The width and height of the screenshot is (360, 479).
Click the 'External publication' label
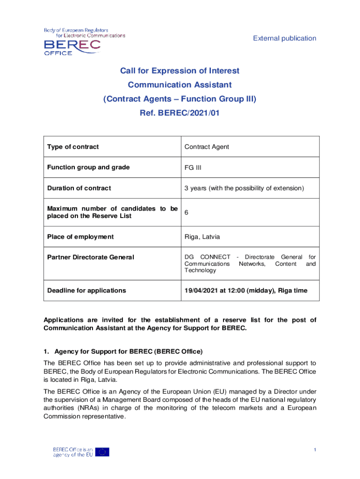pyautogui.click(x=285, y=38)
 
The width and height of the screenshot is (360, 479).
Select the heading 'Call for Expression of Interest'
pyautogui.click(x=180, y=71)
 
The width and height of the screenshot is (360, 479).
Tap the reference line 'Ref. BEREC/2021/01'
pyautogui.click(x=180, y=113)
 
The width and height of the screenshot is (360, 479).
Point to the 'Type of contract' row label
pyautogui.click(x=73, y=147)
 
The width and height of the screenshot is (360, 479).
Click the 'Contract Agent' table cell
pyautogui.click(x=207, y=147)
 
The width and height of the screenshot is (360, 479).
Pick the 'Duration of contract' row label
pyautogui.click(x=79, y=188)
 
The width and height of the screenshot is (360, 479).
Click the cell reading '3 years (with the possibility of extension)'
pyautogui.click(x=244, y=188)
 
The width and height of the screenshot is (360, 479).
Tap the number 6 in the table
pyautogui.click(x=187, y=212)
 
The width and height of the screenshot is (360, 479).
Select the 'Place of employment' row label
pyautogui.click(x=80, y=237)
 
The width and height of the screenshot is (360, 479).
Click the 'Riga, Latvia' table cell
pyautogui.click(x=202, y=237)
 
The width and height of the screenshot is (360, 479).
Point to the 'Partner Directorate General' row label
pyautogui.click(x=91, y=257)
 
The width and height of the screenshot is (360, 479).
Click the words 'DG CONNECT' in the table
pyautogui.click(x=207, y=257)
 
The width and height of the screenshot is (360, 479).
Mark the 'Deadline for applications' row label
pyautogui.click(x=86, y=290)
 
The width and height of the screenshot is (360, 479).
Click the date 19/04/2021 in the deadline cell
pyautogui.click(x=202, y=290)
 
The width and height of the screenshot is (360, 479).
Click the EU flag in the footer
pyautogui.click(x=102, y=451)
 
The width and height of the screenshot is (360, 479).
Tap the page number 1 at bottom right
pyautogui.click(x=315, y=450)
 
